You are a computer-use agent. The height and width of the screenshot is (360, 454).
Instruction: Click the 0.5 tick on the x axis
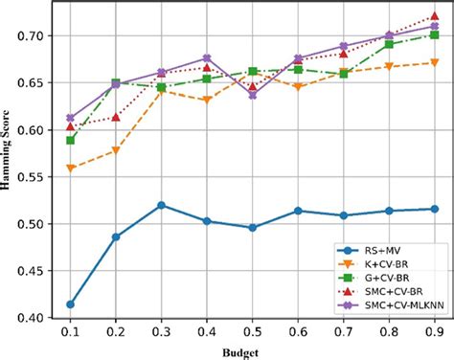point(253,331)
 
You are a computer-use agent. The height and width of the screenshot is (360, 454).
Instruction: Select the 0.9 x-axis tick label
point(435,331)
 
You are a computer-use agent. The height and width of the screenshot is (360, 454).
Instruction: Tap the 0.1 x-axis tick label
point(70,331)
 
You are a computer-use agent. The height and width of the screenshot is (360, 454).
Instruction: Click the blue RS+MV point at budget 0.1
point(70,304)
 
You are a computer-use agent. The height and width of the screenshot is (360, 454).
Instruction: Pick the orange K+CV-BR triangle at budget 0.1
point(70,168)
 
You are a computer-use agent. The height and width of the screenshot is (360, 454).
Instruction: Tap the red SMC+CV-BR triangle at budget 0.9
point(435,16)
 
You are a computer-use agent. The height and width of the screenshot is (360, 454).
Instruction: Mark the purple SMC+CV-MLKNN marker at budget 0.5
point(253,95)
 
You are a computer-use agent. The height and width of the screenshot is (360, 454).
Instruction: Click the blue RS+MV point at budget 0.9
point(435,209)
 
